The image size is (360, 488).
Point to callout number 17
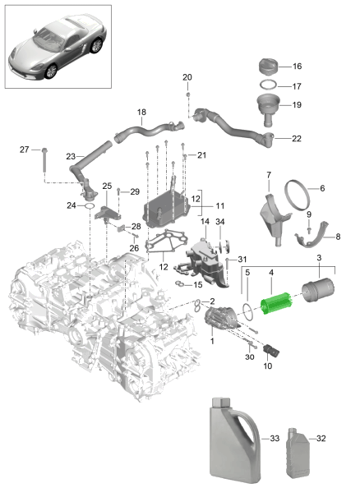pyautogui.click(x=297, y=85)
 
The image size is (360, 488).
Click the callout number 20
pyautogui.click(x=187, y=77)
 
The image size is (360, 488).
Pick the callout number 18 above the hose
pyautogui.click(x=141, y=112)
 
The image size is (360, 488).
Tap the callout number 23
pyautogui.click(x=71, y=154)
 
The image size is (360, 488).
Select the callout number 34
pyautogui.click(x=219, y=221)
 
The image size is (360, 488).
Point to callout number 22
pyautogui.click(x=297, y=138)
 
